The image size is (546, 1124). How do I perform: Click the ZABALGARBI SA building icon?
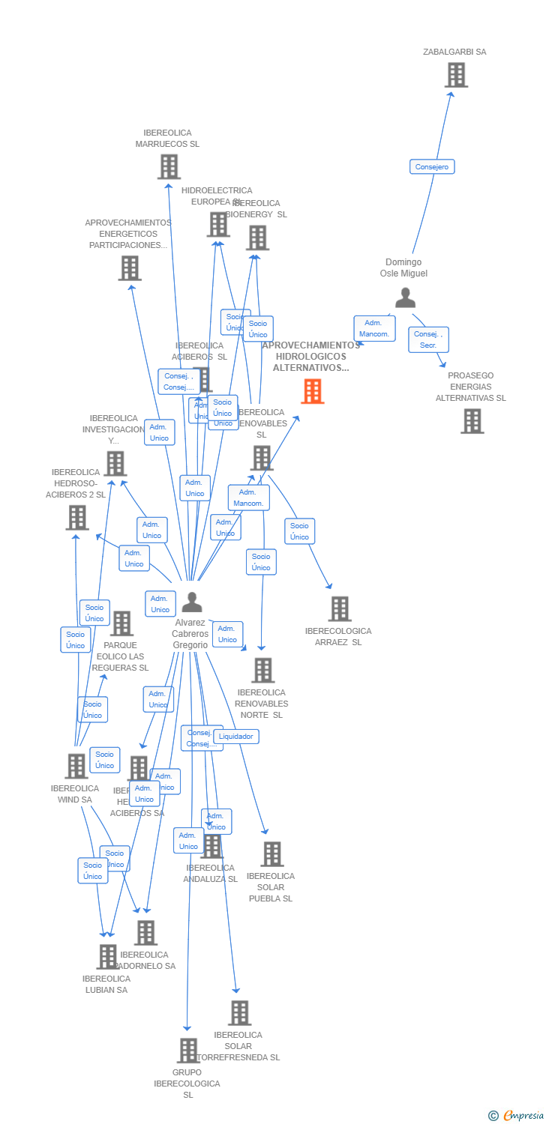456,75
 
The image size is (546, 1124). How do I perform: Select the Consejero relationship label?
432,167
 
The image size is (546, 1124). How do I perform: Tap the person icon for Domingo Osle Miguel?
405,298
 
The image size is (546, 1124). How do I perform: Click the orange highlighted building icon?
312,391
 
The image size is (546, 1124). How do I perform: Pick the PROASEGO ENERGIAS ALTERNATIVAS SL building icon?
472,421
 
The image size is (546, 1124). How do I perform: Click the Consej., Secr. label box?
428,339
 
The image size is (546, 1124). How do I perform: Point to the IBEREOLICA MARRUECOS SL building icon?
169,166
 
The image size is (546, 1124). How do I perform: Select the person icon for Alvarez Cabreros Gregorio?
192,602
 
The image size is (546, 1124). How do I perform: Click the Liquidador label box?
236,737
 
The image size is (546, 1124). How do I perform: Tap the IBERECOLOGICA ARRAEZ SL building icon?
339,608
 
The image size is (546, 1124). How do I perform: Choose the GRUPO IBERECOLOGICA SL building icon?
187,1051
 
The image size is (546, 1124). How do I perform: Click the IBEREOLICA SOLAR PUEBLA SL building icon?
271,853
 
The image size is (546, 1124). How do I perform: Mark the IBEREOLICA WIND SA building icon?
76,766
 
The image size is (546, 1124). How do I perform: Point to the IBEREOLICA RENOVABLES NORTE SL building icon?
262,670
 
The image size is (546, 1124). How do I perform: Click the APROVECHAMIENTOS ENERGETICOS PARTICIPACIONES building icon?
129,268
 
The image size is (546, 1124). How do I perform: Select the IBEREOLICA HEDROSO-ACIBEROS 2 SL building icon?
76,517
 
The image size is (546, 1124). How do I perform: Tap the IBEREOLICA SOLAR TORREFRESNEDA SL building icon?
239,1013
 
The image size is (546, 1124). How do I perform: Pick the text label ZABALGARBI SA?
454,52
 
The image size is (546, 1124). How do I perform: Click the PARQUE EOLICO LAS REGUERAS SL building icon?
121,623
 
